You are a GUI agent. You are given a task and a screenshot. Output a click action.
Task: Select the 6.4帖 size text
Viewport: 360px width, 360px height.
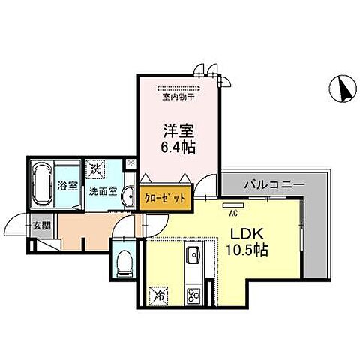coord(178,147)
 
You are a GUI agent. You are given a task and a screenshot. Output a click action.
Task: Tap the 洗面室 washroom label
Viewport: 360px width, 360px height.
coord(103,192)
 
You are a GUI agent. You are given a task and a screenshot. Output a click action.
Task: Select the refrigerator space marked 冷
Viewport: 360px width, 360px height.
coord(159,295)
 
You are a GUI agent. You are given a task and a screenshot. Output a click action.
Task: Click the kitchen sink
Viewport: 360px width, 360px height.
coord(191,255)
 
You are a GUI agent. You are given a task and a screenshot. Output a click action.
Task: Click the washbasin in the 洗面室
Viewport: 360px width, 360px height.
coord(126,193)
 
